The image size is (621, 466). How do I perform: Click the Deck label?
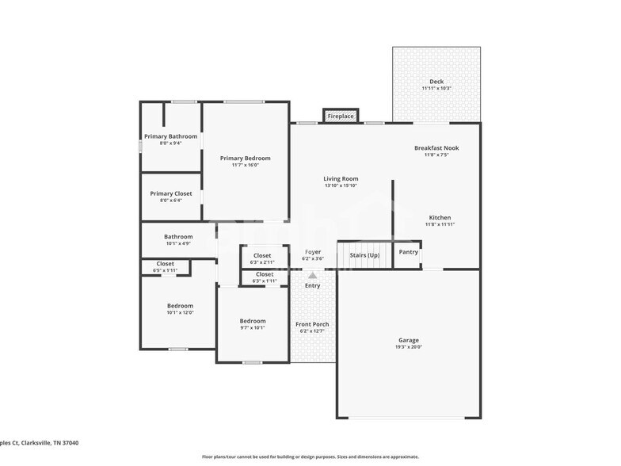coord(436,82)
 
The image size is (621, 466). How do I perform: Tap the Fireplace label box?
coord(341,116)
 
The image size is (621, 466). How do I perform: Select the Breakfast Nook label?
coord(436,148)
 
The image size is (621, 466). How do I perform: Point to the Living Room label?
coord(341,179)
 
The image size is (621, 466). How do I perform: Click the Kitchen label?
coord(440,218)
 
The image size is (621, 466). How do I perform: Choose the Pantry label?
coord(409,252)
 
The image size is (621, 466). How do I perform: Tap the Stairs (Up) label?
coord(364,255)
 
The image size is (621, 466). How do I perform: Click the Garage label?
coord(409,341)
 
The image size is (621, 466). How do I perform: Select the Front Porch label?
coord(312,324)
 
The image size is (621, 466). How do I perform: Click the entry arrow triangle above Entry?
coord(312,276)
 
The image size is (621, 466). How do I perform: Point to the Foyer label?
coord(313,252)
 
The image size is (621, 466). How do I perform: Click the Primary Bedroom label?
coord(246,159)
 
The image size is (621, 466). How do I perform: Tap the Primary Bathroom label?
coord(171,136)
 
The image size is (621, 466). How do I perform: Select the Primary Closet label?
coord(171,193)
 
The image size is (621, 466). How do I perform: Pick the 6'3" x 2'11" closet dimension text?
coord(262,262)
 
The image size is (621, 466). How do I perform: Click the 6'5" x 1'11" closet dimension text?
coord(166,271)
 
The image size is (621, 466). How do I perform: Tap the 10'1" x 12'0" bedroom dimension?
coord(180,313)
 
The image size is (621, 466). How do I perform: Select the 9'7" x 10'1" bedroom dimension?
coord(253,327)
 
